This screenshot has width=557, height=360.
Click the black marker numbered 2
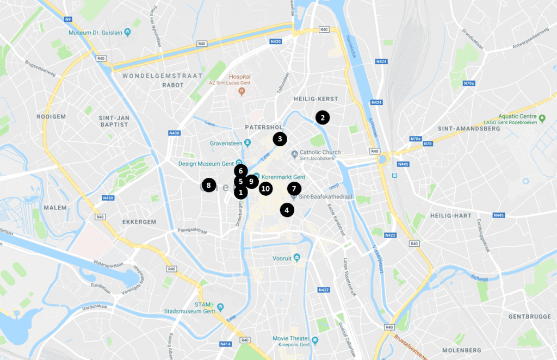point(322,117)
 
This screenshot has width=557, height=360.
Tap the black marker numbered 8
point(208,185)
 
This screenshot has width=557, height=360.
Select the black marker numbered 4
point(287,210)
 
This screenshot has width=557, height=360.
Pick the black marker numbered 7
point(294,189)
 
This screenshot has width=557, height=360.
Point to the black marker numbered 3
point(280,139)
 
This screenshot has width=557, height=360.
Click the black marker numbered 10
point(265,189)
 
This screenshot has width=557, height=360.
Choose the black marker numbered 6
point(241,171)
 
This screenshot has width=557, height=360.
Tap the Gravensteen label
point(225,144)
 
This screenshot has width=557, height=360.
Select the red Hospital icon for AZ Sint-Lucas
point(239,91)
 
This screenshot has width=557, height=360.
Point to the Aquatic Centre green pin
point(542,117)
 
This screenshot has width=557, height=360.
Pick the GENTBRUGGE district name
point(526,316)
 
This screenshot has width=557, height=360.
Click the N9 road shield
point(67,20)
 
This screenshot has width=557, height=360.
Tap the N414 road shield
point(225,344)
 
